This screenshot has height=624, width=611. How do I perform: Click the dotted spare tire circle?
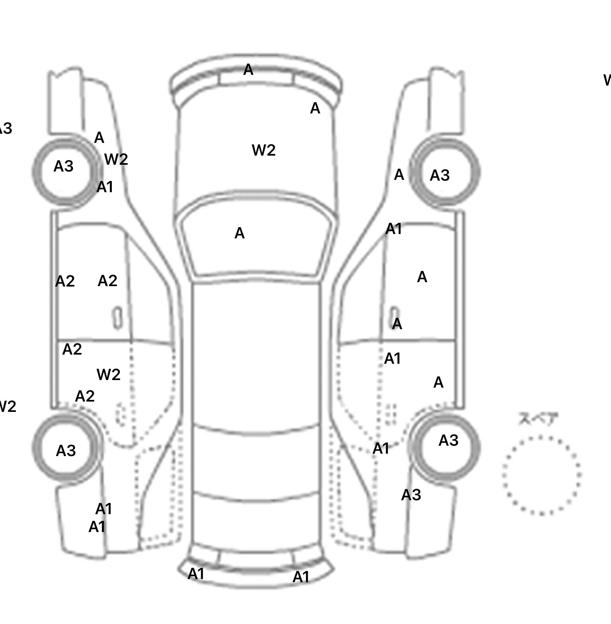click(x=541, y=475)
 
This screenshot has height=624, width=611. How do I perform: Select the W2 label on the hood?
click(x=264, y=150)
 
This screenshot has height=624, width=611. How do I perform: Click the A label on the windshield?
click(x=239, y=234)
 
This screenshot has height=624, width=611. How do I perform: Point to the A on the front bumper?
click(x=248, y=70)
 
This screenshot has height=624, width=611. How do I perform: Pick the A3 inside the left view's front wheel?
click(x=64, y=166)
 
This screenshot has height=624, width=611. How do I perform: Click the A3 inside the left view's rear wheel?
click(x=66, y=451)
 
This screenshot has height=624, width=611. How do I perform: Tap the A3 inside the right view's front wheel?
click(x=440, y=175)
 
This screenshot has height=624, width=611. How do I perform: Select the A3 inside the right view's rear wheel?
click(x=448, y=441)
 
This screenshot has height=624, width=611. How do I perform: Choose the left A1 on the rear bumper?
click(x=196, y=574)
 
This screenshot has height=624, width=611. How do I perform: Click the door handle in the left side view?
click(x=117, y=318)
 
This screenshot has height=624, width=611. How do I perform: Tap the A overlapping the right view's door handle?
click(x=397, y=324)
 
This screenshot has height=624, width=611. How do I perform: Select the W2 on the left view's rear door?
click(x=109, y=374)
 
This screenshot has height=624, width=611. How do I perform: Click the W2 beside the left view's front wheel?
click(x=116, y=160)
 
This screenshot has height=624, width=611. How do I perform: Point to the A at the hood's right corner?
click(x=315, y=108)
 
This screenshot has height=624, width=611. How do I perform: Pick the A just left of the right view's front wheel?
click(x=399, y=175)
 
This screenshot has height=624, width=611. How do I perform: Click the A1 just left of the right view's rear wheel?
click(x=381, y=449)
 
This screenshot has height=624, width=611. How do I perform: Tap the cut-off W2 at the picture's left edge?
click(x=7, y=407)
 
